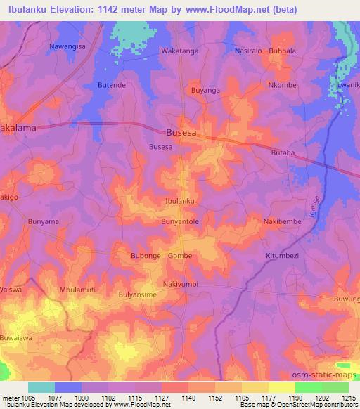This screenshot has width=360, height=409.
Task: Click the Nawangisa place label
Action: [x=67, y=46]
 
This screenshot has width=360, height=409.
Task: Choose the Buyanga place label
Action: [x=205, y=91]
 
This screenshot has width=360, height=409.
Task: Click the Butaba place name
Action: [x=282, y=152]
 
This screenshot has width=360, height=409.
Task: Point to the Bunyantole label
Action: [x=180, y=221]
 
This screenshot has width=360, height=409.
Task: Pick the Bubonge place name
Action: [x=146, y=256]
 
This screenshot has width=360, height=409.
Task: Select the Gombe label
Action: [x=180, y=256]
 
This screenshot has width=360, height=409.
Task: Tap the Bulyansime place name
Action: [x=138, y=295]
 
